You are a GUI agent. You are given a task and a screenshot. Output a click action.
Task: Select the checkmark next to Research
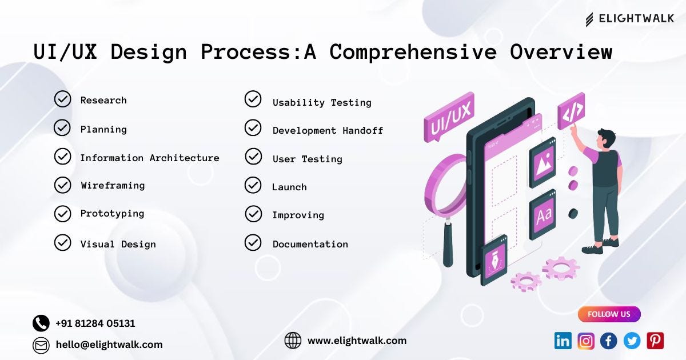pos(62,99)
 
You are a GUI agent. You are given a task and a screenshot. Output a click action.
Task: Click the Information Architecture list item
pos(149,158)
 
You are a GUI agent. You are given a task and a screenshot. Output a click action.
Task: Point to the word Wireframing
pos(113,185)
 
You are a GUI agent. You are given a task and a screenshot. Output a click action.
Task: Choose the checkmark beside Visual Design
pos(62,243)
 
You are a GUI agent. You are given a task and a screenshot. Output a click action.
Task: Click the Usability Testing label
pos(322,102)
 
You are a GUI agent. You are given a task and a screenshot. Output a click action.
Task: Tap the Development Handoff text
pos(328,130)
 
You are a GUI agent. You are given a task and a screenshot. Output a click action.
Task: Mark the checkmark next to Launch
pos(253,185)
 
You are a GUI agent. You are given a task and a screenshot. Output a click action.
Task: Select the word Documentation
pos(310,244)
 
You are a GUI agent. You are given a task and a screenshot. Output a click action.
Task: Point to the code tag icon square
pos(571,111)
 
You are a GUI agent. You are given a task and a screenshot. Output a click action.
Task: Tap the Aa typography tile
pos(543,214)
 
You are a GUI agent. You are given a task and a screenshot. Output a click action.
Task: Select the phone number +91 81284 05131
pos(95,323)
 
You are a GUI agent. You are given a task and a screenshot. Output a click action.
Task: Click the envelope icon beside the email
pos(41,345)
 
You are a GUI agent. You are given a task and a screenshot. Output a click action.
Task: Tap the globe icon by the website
pos(293,341)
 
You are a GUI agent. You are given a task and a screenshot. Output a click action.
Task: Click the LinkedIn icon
pos(563,341)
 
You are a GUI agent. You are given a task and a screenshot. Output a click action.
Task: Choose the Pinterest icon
pos(655,341)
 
